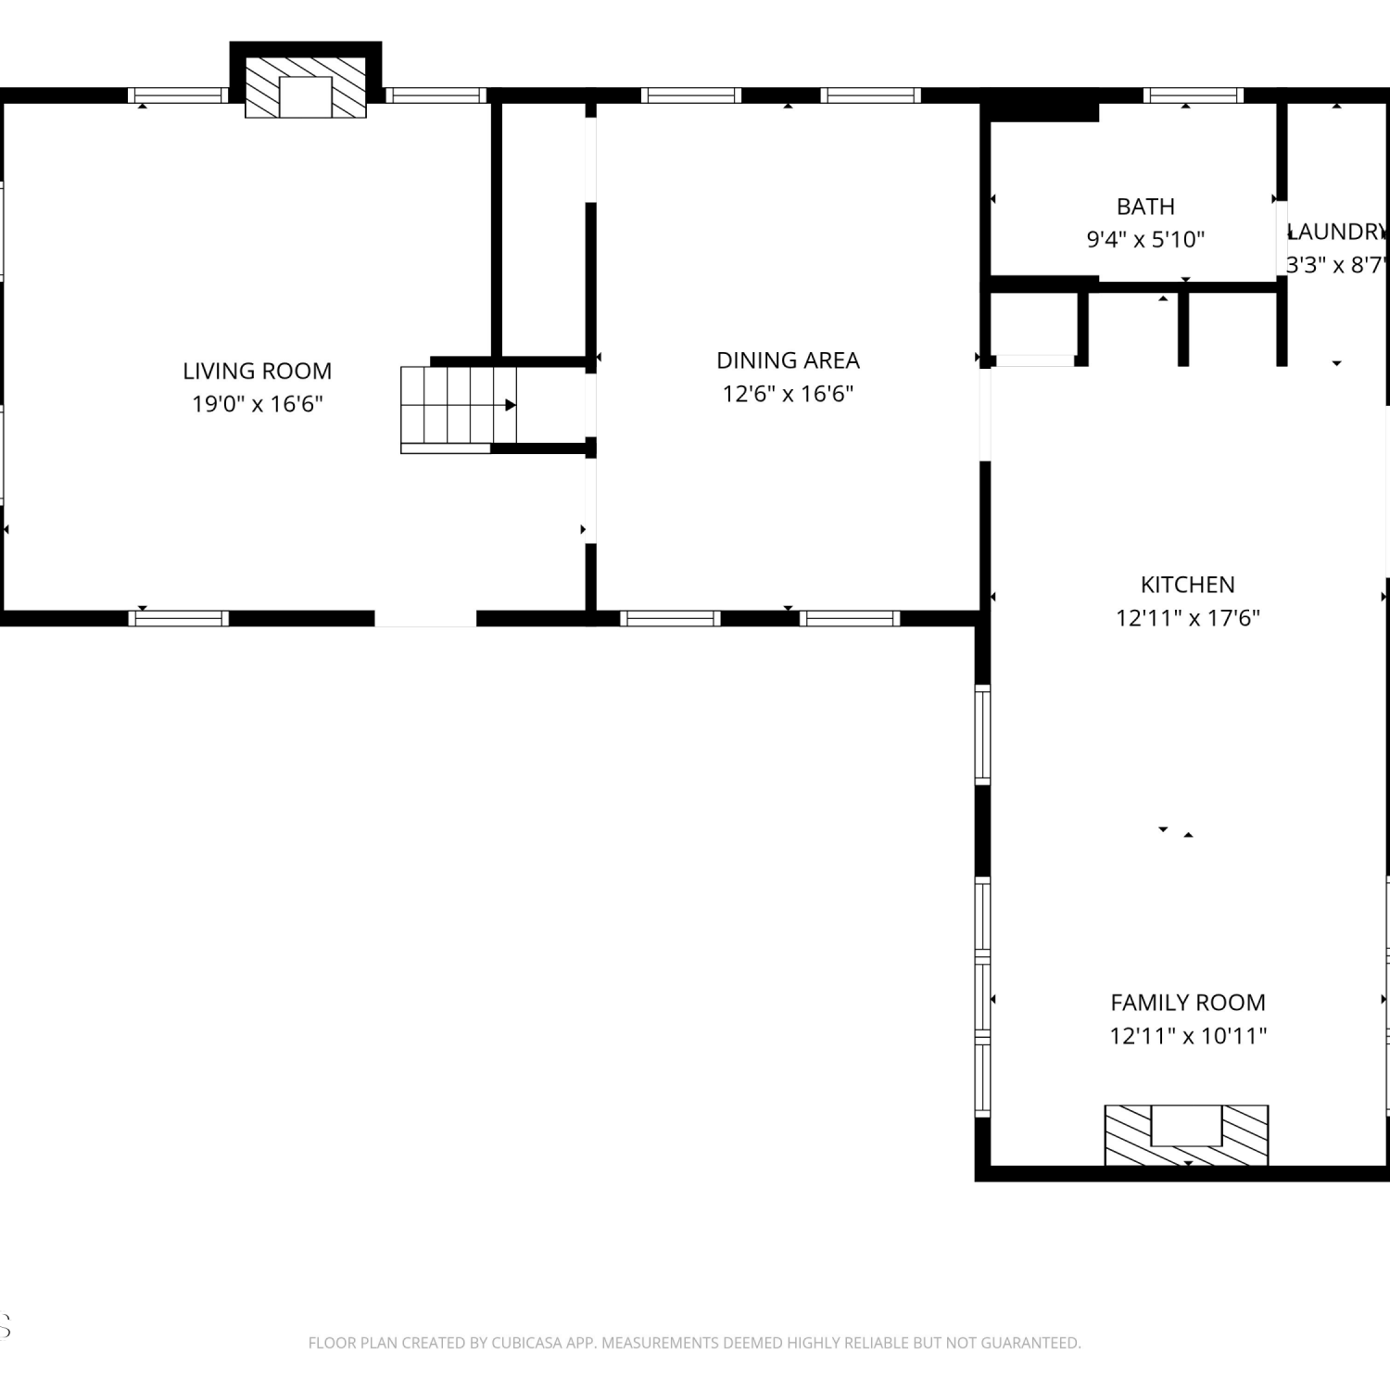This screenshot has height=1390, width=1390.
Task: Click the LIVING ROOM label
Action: [x=257, y=371]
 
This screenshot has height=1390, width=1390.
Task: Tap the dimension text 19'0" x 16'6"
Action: [x=257, y=404]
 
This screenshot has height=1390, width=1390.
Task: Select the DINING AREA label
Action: [x=788, y=360]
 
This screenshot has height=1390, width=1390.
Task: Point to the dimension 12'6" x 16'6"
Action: [x=788, y=394]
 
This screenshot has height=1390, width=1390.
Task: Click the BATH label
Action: [x=1145, y=207]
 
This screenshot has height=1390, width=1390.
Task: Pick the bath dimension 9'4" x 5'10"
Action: [x=1145, y=240]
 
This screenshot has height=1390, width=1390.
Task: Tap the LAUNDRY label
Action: [x=1337, y=232]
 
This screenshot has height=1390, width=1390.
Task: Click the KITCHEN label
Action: [x=1187, y=585]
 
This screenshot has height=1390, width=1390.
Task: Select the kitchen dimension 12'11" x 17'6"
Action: [x=1187, y=618]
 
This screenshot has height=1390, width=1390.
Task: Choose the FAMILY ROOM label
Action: [x=1188, y=1003]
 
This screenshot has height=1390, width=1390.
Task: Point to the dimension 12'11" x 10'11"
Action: [x=1188, y=1036]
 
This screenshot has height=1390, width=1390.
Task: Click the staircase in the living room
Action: [x=459, y=410]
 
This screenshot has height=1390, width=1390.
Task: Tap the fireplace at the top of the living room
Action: [x=306, y=84]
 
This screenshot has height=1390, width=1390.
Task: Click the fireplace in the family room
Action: [x=1186, y=1135]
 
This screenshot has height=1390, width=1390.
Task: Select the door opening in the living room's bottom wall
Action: [x=425, y=619]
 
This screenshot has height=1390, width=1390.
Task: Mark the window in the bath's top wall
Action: [x=1194, y=95]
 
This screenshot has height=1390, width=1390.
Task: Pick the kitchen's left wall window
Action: [x=982, y=734]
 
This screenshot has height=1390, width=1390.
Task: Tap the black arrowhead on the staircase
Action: [x=511, y=405]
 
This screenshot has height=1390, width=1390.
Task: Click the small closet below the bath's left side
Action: [x=1034, y=323]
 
